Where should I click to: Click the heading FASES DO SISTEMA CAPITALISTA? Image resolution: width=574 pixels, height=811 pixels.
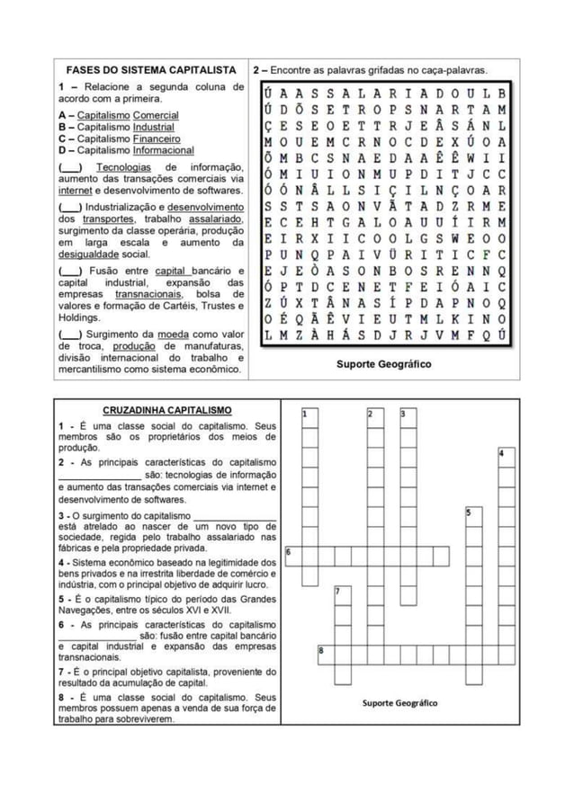(150, 69)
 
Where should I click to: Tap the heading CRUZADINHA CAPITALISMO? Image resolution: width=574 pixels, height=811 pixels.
(166, 410)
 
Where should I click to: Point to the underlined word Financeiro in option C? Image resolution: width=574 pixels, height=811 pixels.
(157, 139)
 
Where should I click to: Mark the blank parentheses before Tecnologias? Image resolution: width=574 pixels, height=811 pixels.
(71, 167)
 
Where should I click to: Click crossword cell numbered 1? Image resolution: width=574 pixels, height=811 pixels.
(309, 416)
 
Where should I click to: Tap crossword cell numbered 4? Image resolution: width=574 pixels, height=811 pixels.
(507, 457)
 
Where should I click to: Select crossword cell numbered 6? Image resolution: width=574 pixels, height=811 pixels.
(293, 555)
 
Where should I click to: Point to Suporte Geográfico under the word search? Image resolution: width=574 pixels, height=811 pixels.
(383, 364)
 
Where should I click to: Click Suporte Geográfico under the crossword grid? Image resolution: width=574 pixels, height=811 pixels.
(400, 702)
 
